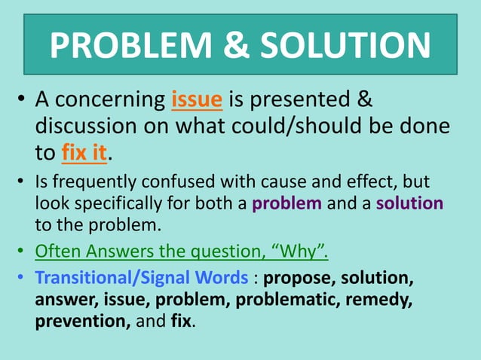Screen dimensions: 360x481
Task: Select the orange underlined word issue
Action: [x=197, y=100]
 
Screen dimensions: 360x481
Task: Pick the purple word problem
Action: [x=287, y=203]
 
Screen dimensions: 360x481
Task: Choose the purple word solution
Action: [x=409, y=203]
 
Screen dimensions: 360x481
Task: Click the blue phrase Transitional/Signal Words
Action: [x=142, y=279]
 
